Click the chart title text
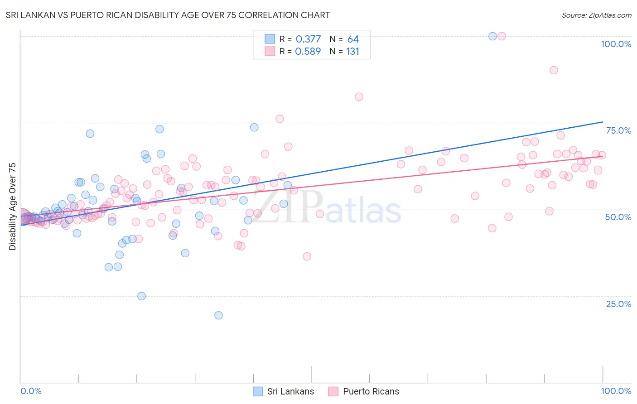168,15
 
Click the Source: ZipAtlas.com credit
596,15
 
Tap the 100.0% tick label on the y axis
616,44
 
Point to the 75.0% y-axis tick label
618,130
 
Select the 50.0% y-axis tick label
618,217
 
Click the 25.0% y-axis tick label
618,304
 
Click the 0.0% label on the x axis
31,391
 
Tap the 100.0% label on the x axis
616,391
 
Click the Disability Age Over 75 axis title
13,206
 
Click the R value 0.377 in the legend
308,39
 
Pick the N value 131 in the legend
352,52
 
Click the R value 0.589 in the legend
308,52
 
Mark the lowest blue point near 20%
218,315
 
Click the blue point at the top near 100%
492,36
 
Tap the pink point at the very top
502,36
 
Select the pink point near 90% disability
554,70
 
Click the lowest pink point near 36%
307,256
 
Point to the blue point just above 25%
141,296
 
